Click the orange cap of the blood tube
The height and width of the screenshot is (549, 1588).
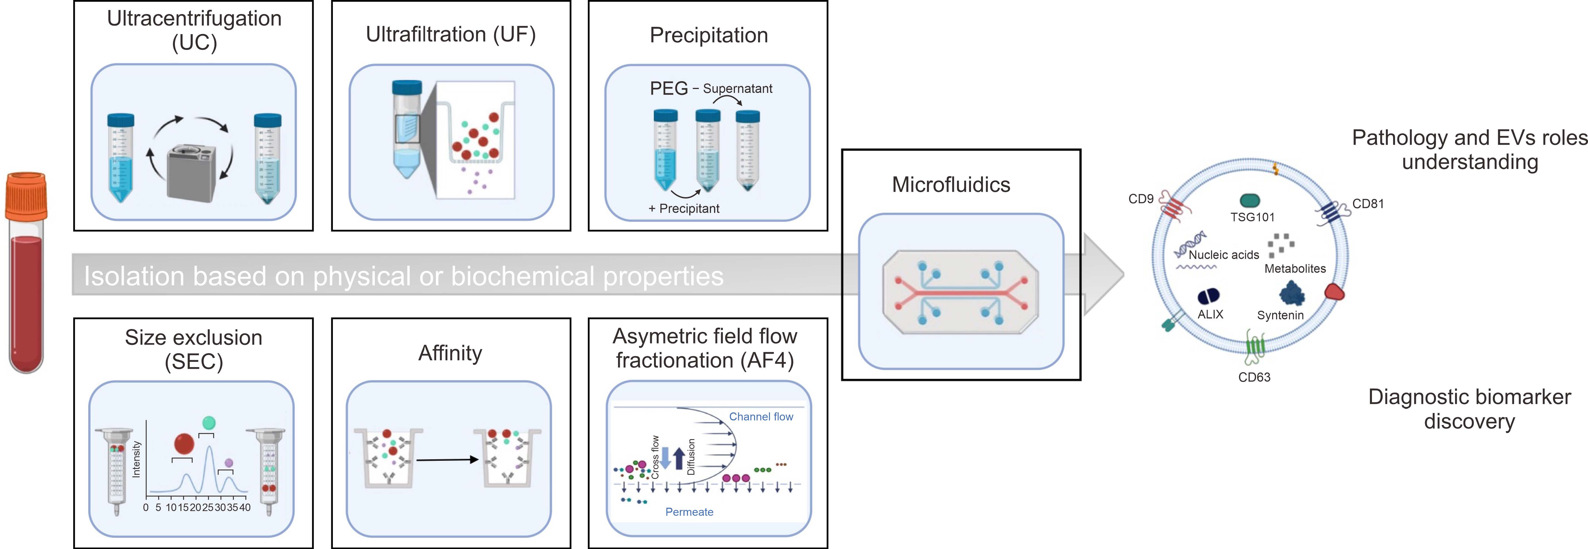[x=26, y=196]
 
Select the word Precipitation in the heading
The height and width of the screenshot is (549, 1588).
[x=708, y=35]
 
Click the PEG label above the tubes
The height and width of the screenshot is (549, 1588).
[x=668, y=89]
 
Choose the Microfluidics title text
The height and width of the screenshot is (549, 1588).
[x=951, y=184]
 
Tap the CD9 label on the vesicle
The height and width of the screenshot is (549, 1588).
[x=1140, y=199]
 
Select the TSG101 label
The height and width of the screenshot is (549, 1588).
[x=1252, y=217]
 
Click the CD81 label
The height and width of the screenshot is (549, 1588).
[x=1368, y=204]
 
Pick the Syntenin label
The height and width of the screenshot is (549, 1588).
[x=1280, y=315]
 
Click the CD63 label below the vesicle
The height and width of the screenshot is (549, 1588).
[x=1254, y=377]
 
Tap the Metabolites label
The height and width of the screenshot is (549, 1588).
[x=1295, y=268]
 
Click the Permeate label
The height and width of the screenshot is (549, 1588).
[x=689, y=512]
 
